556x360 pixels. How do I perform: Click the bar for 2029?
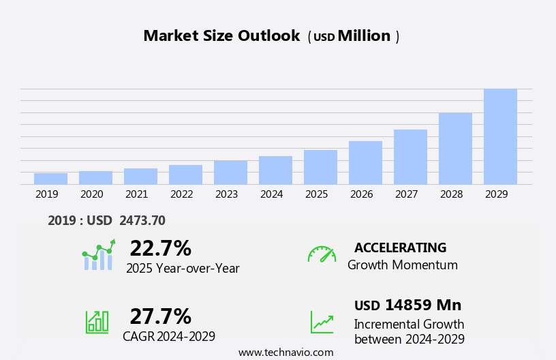coord(500,136)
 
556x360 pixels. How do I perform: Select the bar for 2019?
coord(50,179)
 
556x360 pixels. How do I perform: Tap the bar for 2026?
coord(365,163)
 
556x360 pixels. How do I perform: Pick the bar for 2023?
coord(230,172)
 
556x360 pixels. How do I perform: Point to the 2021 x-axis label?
coord(136,194)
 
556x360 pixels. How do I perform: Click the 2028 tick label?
coord(451,194)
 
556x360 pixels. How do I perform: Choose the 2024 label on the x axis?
coord(271,194)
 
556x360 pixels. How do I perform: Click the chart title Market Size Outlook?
coord(221,36)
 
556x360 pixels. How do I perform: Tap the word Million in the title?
coord(364,36)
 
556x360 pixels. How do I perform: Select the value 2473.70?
coord(142,220)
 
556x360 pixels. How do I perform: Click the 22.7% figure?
coord(160,248)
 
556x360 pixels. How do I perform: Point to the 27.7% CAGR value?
coord(160,316)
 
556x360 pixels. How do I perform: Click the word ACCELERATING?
coord(400,248)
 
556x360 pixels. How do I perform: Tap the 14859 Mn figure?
coord(422,305)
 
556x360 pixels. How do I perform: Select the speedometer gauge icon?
coord(322,254)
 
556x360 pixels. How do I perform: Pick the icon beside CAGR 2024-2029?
coord(97,321)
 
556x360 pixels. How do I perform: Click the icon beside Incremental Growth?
coord(322,322)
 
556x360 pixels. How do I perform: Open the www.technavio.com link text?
coord(285,352)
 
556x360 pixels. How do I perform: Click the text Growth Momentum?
coord(402,265)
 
